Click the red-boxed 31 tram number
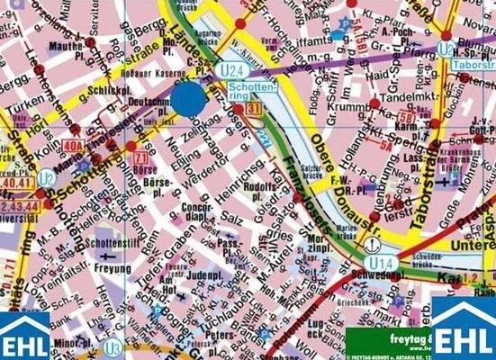tap(255, 110)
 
